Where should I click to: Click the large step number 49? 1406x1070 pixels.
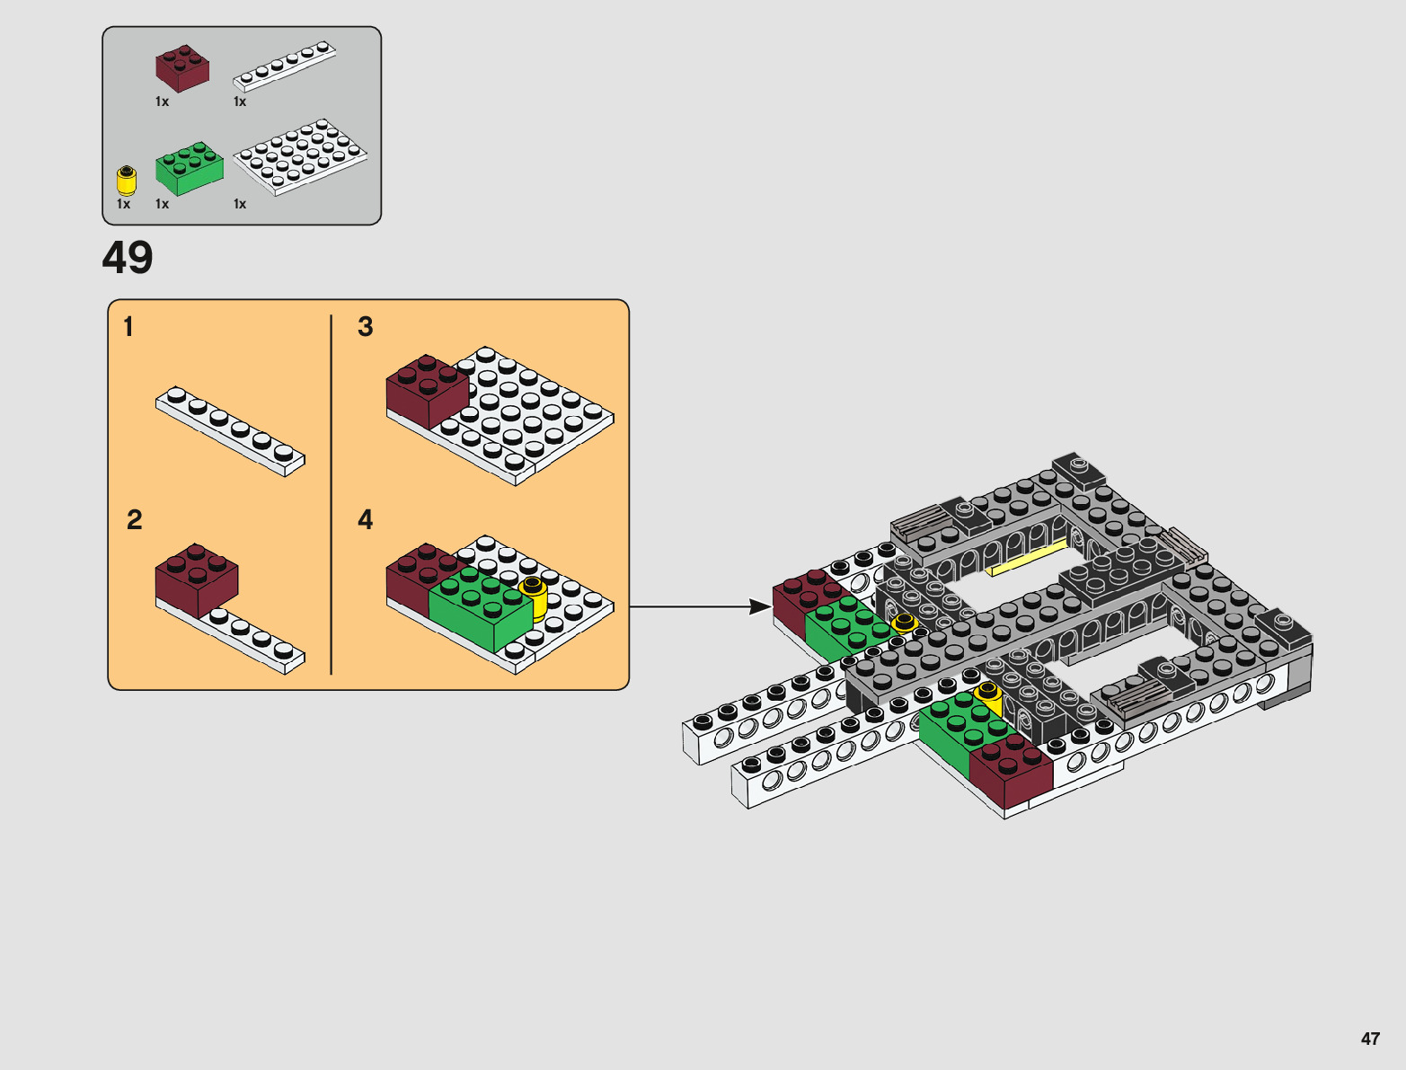click(128, 258)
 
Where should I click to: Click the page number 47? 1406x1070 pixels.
click(1370, 1038)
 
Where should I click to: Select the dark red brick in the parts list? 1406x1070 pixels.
click(182, 68)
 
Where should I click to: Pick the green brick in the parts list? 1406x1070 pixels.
click(190, 168)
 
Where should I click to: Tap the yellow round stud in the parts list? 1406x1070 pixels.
click(126, 181)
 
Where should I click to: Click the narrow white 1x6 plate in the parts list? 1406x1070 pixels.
click(285, 66)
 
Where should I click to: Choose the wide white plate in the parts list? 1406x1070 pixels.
click(300, 157)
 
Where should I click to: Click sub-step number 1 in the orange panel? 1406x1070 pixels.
click(128, 327)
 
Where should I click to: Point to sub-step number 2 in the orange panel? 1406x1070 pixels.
click(135, 519)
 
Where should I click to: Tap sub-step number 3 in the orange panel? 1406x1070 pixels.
click(365, 327)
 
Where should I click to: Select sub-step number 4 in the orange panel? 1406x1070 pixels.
click(365, 519)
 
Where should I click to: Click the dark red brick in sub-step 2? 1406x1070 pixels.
click(197, 580)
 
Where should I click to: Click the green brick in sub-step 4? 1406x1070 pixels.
click(481, 607)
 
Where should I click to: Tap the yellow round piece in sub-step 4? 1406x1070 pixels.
click(535, 597)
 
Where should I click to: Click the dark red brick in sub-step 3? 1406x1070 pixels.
click(428, 391)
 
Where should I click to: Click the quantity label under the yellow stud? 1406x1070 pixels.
click(124, 204)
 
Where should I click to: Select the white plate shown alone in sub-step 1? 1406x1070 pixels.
click(231, 431)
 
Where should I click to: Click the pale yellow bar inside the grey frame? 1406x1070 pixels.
click(1026, 558)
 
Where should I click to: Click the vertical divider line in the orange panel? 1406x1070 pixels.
click(332, 494)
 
